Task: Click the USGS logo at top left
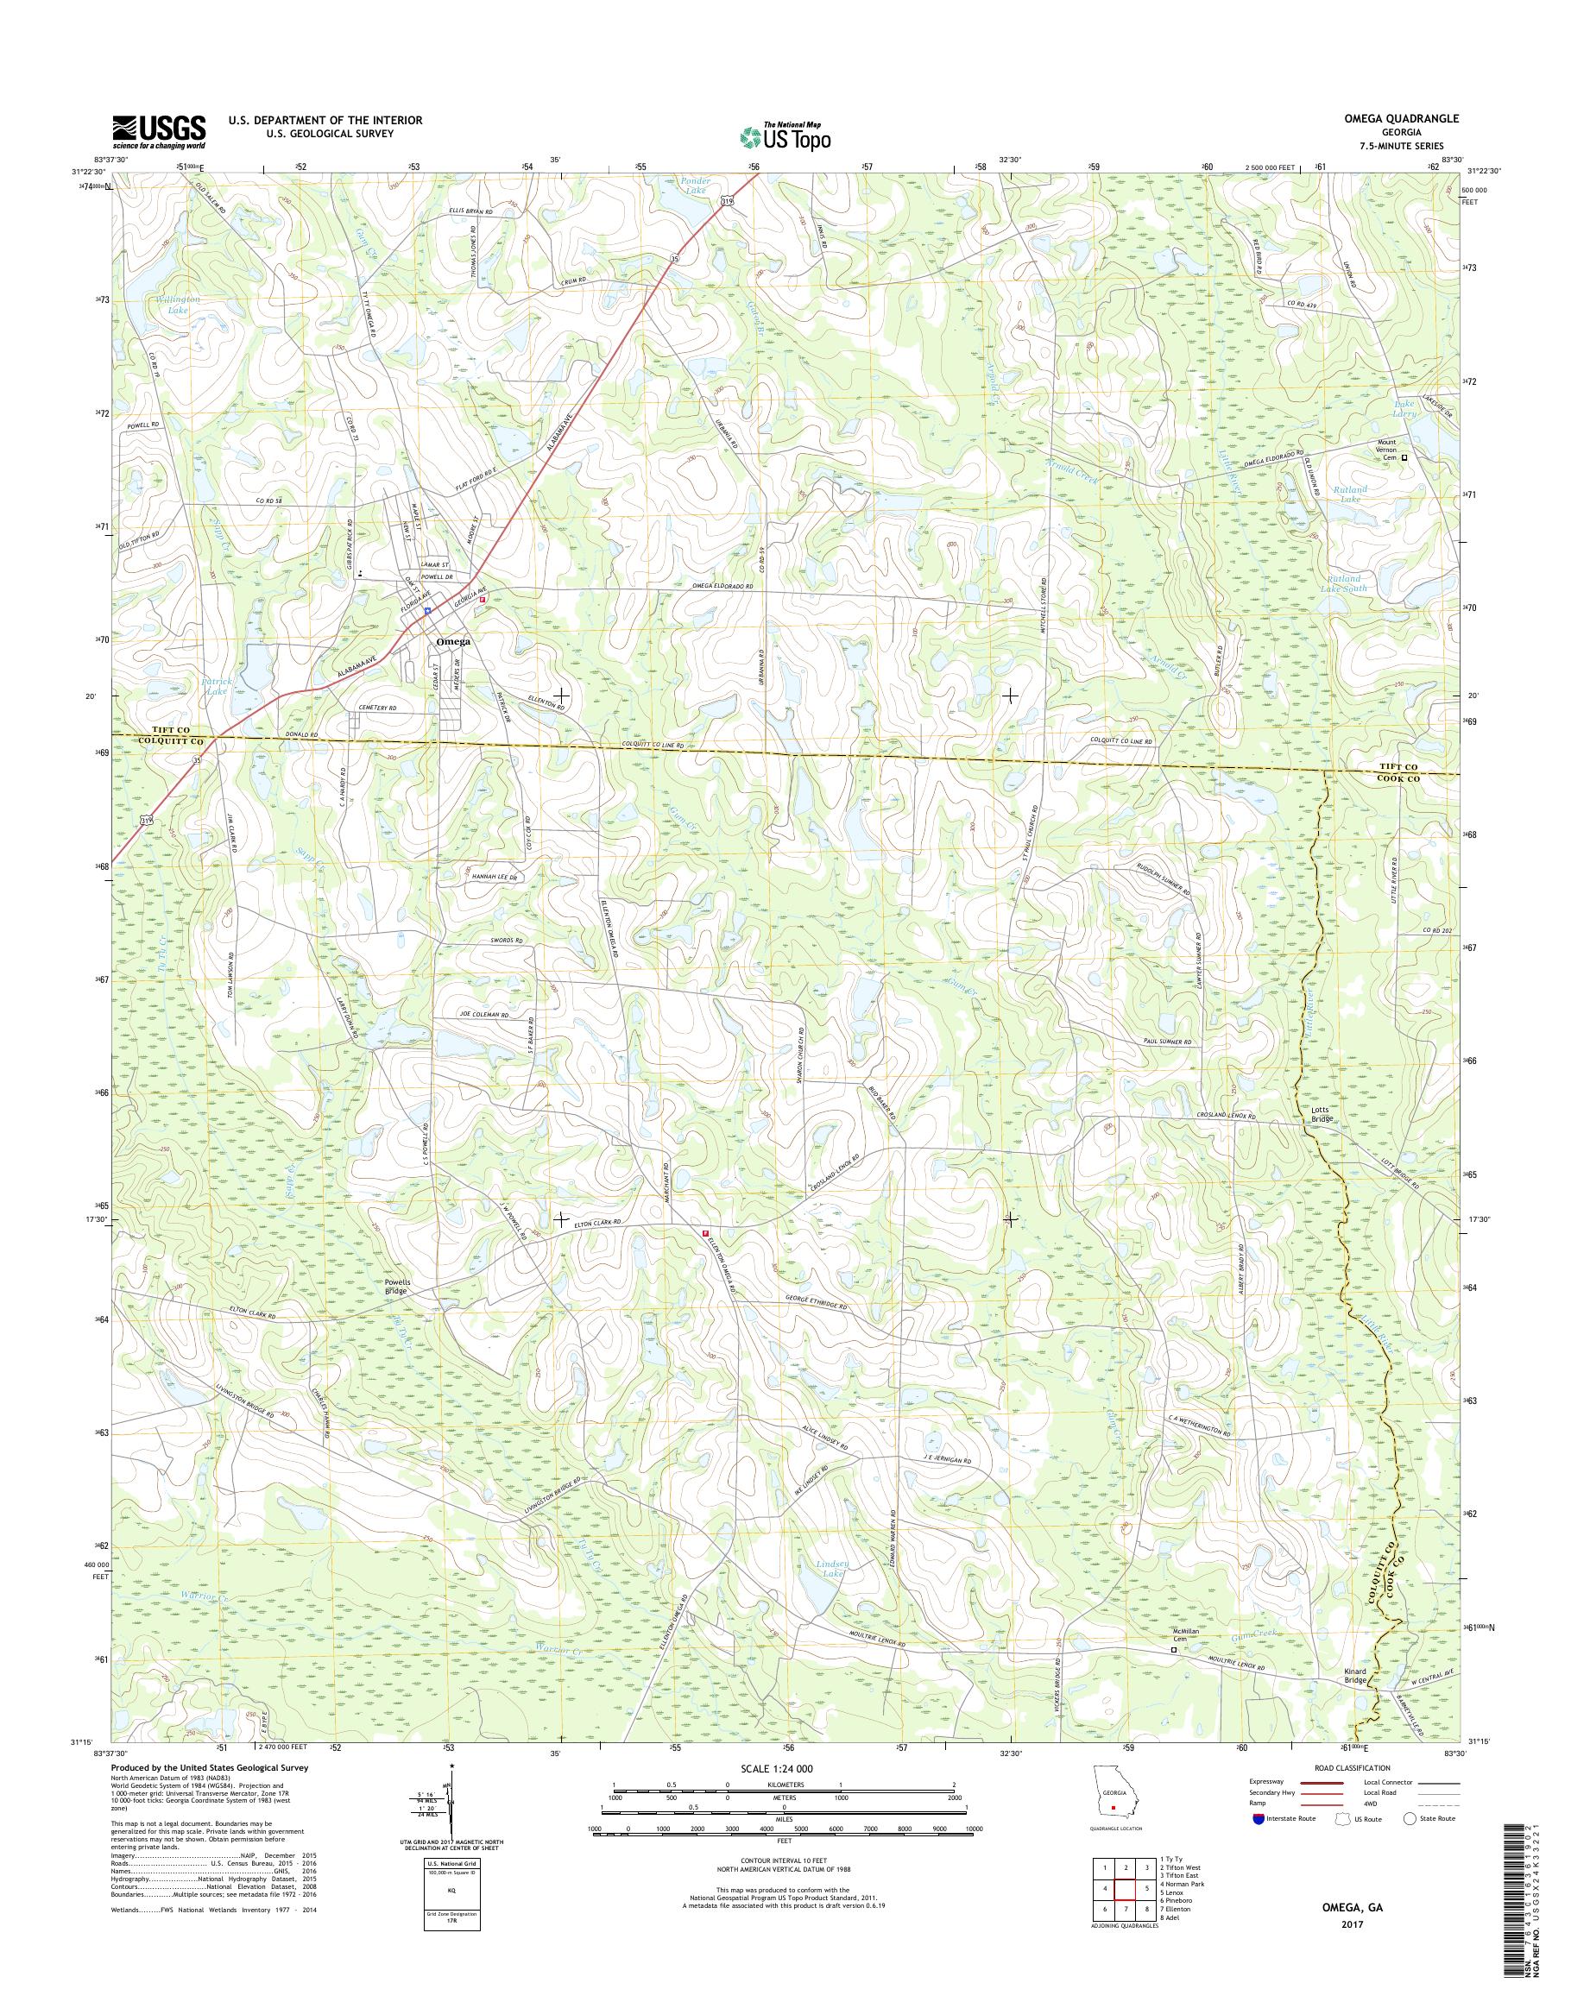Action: pyautogui.click(x=158, y=131)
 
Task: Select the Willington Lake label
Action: pyautogui.click(x=185, y=305)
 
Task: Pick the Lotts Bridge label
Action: pyautogui.click(x=1322, y=1115)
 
